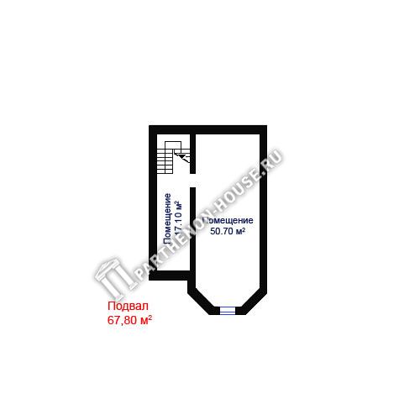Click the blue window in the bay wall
tap(228, 311)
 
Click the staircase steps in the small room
tap(165, 161)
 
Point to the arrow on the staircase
tap(182, 156)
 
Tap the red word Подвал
tap(128, 306)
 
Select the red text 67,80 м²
tap(129, 320)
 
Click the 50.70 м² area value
tap(228, 231)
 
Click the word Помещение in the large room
tap(228, 220)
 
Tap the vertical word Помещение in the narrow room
tap(167, 219)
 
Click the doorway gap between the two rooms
tap(192, 181)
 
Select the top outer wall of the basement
tap(207, 129)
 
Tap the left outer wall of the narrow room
tap(153, 202)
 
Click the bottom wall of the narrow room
tap(170, 276)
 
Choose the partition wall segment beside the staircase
tap(192, 154)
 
